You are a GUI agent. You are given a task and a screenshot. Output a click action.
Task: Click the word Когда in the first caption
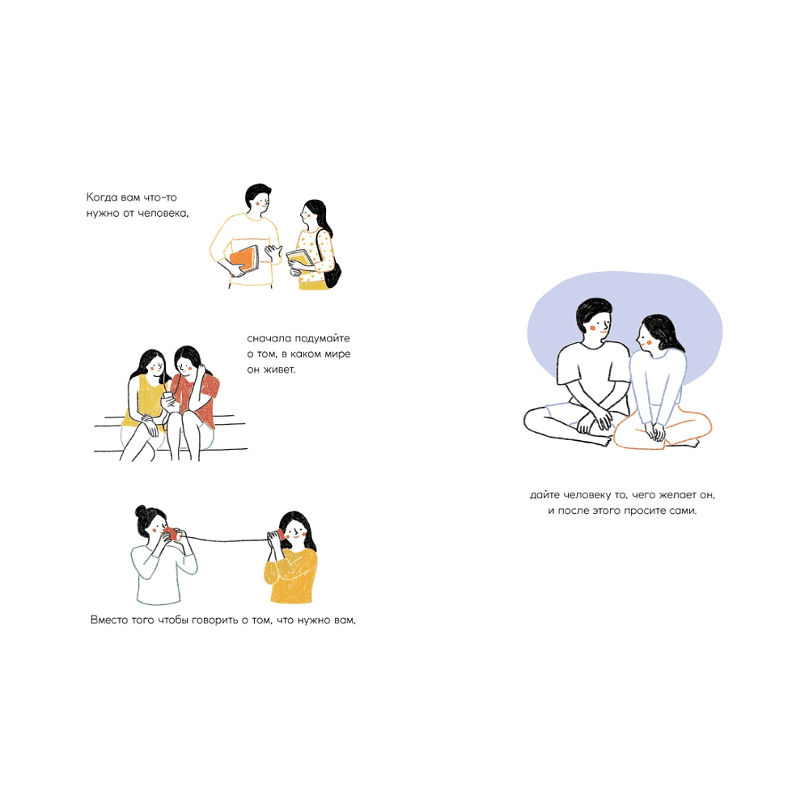tap(102, 197)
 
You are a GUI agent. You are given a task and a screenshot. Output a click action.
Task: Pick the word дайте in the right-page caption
tap(544, 495)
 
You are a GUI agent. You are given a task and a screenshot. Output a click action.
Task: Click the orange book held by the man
tap(244, 259)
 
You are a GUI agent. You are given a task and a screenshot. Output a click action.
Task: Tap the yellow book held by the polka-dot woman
tap(300, 257)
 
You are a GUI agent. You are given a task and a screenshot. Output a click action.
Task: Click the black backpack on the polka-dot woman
tap(331, 272)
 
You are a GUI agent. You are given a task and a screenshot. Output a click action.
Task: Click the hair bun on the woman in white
tap(141, 511)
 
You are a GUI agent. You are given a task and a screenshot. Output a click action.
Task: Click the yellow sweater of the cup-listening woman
tap(291, 575)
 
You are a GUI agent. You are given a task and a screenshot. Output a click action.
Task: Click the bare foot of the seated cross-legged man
tap(603, 441)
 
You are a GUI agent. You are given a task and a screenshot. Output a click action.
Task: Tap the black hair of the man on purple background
tap(592, 312)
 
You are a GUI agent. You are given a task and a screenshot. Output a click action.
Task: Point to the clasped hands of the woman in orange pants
tap(655, 431)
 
